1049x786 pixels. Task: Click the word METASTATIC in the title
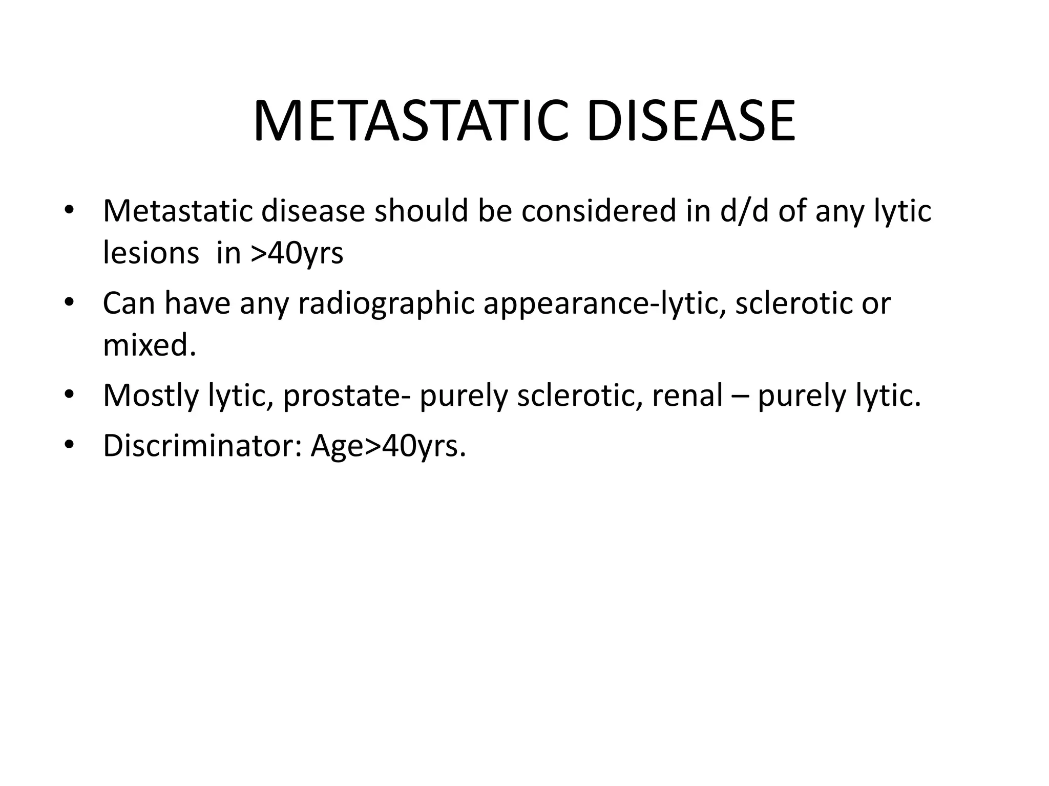coord(410,122)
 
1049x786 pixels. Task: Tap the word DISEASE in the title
coord(691,122)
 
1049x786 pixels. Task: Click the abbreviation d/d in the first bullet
coord(744,210)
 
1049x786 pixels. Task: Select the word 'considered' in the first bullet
coord(599,210)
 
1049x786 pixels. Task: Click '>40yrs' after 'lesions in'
coord(297,253)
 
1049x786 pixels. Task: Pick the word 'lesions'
coord(151,253)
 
